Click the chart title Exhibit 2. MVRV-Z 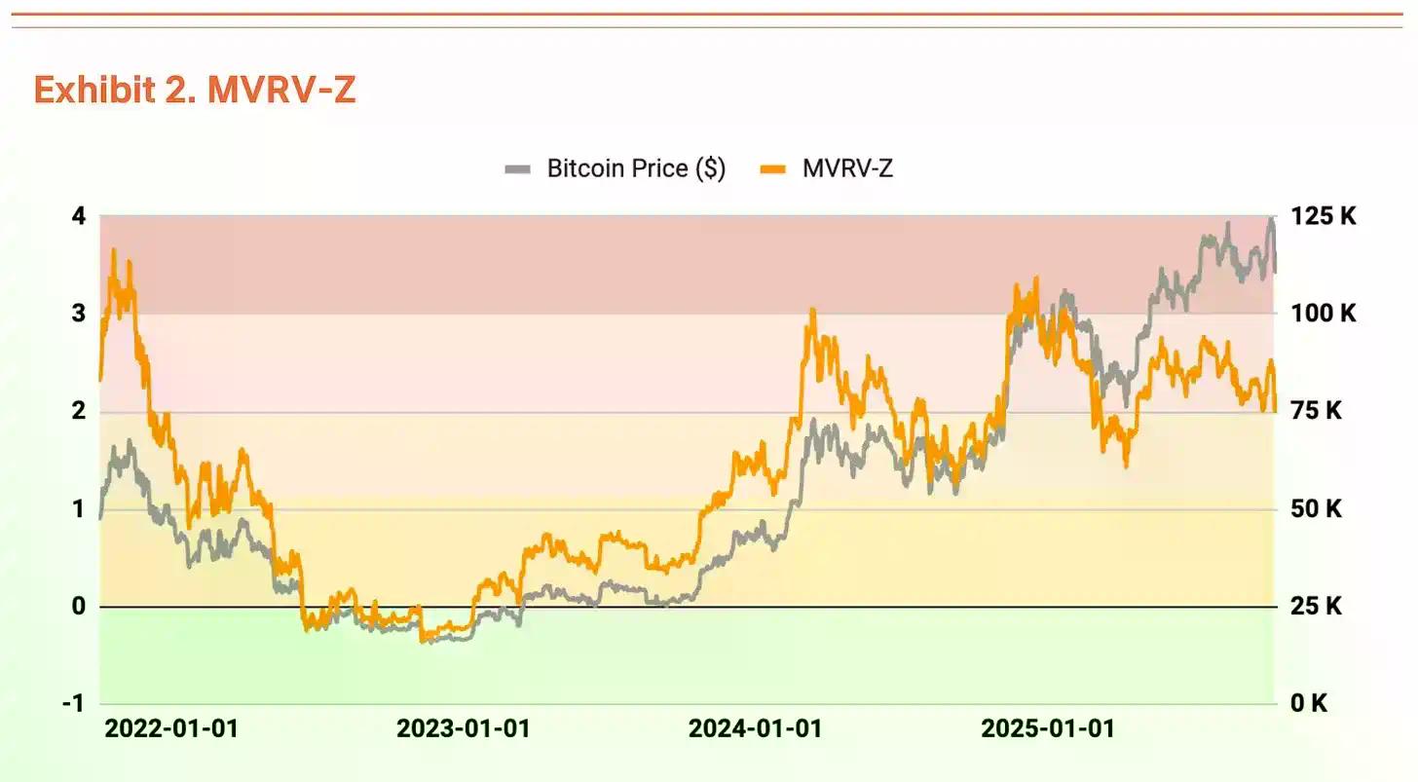[195, 90]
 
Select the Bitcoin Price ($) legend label [635, 168]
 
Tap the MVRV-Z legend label [846, 168]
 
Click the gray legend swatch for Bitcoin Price [517, 169]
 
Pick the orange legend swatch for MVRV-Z [772, 169]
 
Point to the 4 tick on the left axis [79, 215]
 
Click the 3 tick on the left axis [79, 314]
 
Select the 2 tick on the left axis [79, 411]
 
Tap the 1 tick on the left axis [79, 509]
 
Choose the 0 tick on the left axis [79, 606]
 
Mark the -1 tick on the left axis [74, 703]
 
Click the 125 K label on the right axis [1323, 216]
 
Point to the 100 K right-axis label [1323, 314]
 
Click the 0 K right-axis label [1308, 703]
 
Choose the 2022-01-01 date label [171, 728]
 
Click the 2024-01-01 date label [755, 728]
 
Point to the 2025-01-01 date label [1047, 728]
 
